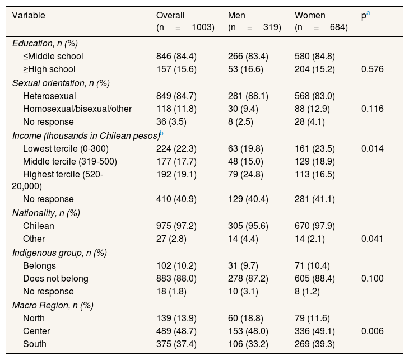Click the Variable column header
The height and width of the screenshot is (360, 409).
coord(29,15)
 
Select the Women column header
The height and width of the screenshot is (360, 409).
coord(310,15)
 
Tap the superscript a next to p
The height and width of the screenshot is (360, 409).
coord(368,13)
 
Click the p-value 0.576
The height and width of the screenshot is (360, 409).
coord(372,69)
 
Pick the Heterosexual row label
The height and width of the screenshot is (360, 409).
coord(49,96)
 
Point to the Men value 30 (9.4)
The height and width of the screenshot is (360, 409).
coord(243,109)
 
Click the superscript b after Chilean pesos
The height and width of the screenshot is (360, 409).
coord(161,133)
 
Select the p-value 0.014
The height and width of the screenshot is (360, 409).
coord(372,148)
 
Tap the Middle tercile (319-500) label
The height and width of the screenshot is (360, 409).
coord(70,161)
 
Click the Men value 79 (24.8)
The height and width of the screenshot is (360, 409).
coord(245,174)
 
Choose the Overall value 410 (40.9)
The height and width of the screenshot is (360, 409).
coord(176,199)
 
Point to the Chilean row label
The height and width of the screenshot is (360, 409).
coord(39,226)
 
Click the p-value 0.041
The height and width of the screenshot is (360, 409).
coord(372,239)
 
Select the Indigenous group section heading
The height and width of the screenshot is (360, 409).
coord(59,253)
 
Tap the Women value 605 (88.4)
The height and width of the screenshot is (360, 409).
coord(314,278)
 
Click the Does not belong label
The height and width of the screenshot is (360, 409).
coord(55,278)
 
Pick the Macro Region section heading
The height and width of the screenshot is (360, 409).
coord(53,305)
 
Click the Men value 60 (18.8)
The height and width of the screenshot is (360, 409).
coord(245,319)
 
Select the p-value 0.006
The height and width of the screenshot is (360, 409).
coord(372,331)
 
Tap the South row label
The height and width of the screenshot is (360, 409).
coord(34,344)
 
